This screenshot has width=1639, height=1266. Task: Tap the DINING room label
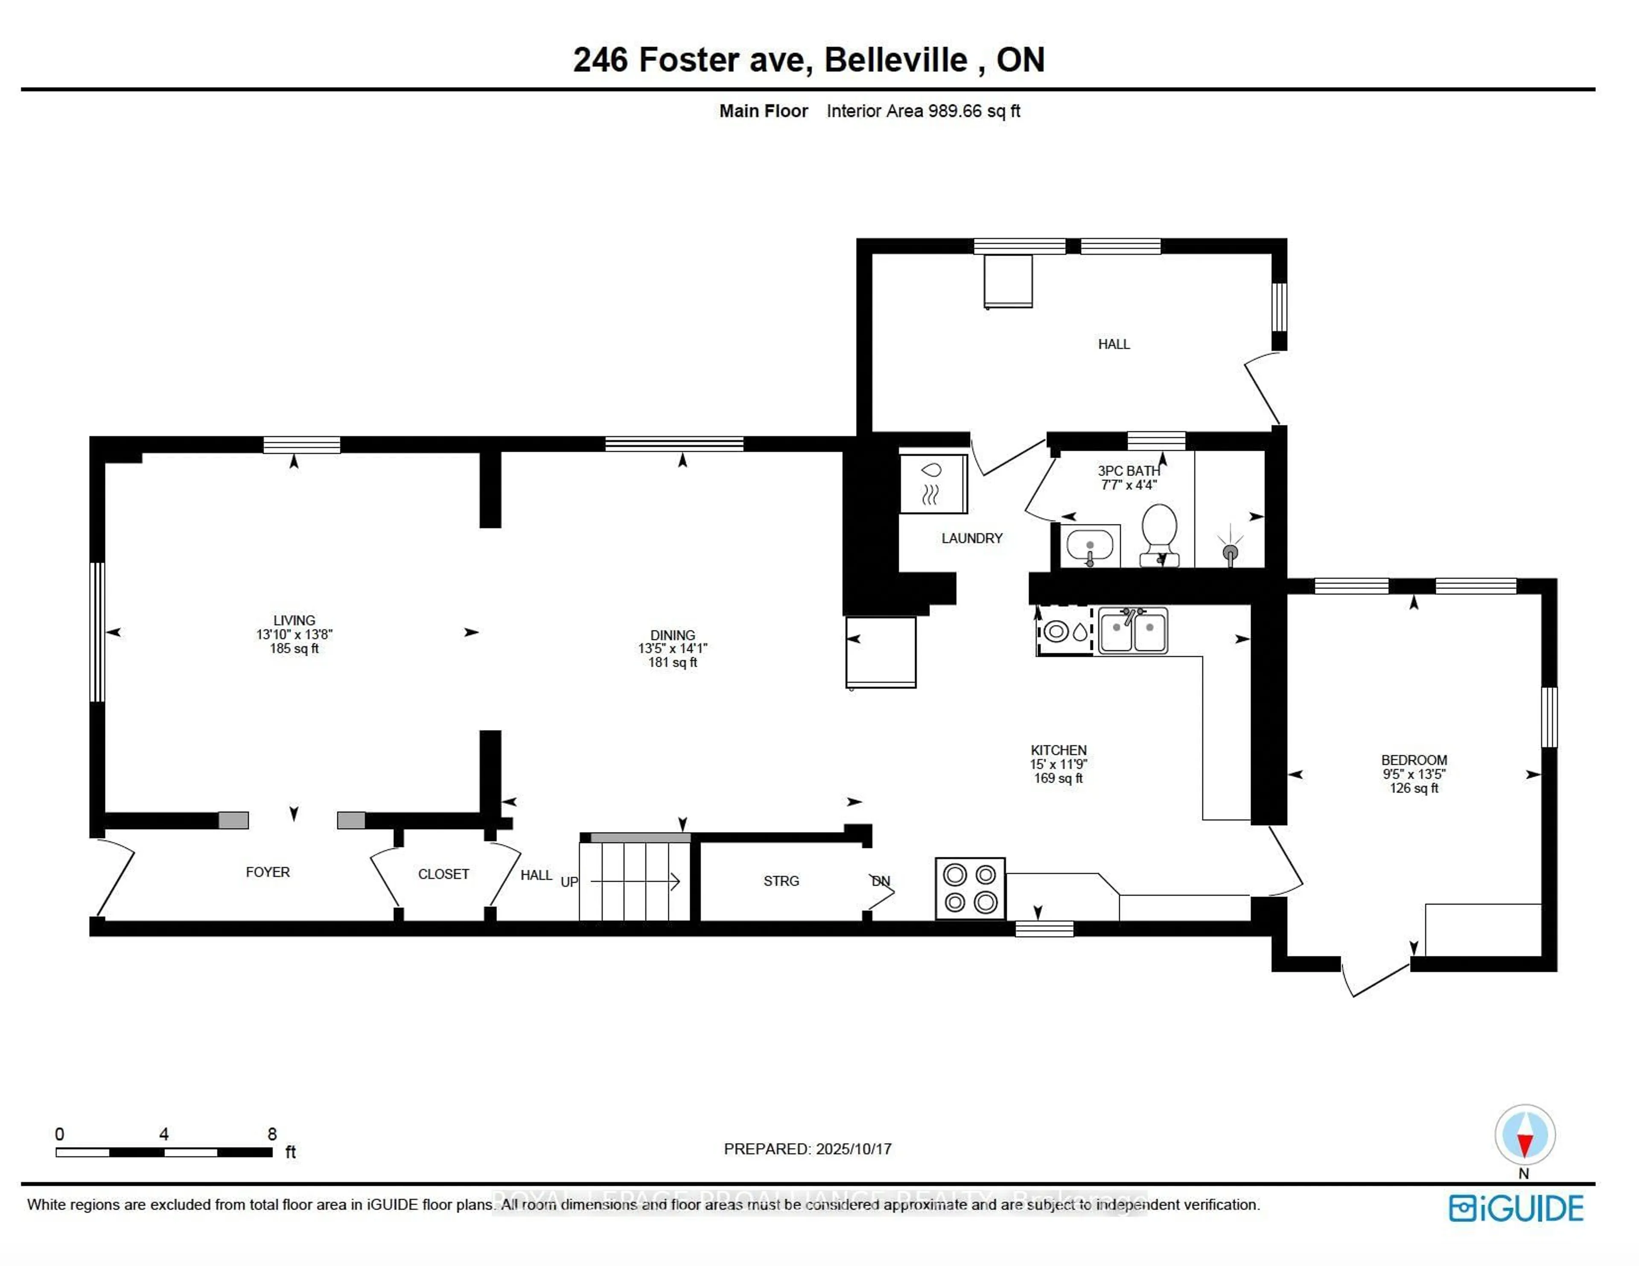tap(672, 635)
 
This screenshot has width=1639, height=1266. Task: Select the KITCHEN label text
tap(1058, 750)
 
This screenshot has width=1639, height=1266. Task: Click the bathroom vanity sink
tap(1090, 546)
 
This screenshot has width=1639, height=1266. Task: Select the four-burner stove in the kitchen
tap(970, 888)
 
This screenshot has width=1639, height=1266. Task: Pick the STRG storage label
tap(781, 881)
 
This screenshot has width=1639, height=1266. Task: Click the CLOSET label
tap(443, 874)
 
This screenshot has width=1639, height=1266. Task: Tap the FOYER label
tap(267, 872)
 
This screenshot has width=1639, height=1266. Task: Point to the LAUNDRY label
tap(972, 538)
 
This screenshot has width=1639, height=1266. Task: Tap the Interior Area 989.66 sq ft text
tap(923, 111)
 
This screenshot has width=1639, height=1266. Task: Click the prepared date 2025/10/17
tap(853, 1149)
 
